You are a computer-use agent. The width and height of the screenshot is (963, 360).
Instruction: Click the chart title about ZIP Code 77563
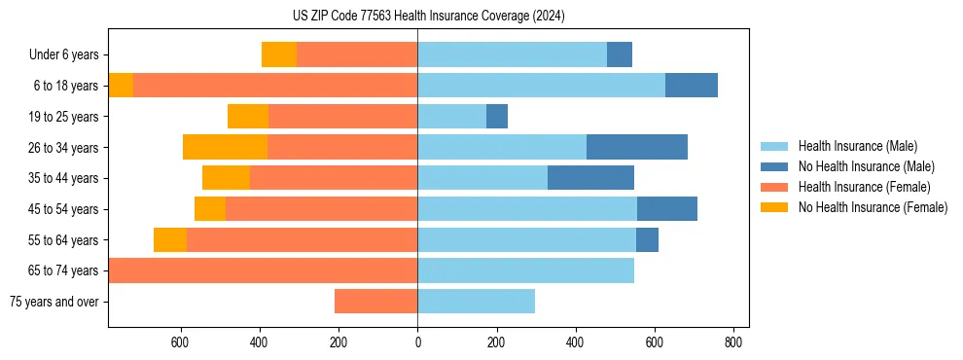(x=428, y=16)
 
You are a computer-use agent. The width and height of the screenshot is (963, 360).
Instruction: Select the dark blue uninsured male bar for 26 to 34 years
(x=637, y=147)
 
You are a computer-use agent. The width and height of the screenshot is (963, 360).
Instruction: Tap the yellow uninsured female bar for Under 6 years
(x=279, y=54)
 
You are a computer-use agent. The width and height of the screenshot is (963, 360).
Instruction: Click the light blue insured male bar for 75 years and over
(x=476, y=301)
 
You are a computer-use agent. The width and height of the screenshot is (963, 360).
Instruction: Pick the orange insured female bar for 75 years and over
(x=375, y=301)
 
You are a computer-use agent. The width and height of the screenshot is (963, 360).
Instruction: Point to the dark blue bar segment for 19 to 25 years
(x=497, y=116)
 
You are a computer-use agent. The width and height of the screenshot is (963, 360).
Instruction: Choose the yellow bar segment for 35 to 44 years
(x=226, y=178)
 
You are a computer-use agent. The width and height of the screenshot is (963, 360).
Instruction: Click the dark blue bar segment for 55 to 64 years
(x=647, y=239)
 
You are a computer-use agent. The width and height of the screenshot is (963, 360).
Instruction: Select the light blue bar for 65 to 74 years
(x=525, y=270)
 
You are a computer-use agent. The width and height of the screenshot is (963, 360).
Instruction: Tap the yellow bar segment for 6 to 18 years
(x=121, y=86)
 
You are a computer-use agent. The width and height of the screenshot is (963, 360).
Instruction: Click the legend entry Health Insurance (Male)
(x=857, y=146)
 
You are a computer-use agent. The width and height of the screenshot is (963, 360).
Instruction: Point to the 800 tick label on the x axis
(x=734, y=342)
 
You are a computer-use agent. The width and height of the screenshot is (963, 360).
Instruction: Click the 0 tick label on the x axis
(x=417, y=342)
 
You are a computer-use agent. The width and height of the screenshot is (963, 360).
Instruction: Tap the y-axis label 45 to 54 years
(x=64, y=209)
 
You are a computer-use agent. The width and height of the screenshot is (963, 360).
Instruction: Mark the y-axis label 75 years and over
(x=53, y=302)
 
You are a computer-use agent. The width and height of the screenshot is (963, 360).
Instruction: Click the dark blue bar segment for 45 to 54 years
(x=667, y=208)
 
